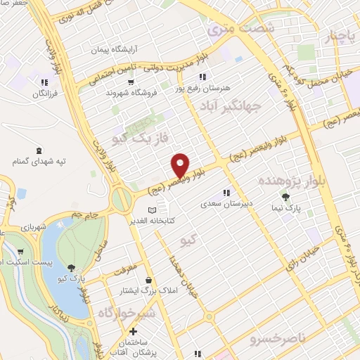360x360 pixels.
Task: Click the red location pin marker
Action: click(x=180, y=165)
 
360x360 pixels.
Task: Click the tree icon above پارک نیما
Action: click(x=285, y=197)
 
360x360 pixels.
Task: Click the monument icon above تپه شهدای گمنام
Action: click(x=38, y=150)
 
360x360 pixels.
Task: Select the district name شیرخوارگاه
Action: click(x=126, y=312)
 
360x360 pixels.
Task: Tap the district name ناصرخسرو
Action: click(x=278, y=339)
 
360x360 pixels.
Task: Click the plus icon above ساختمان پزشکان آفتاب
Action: click(x=133, y=331)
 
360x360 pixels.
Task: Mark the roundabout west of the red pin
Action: click(x=122, y=200)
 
